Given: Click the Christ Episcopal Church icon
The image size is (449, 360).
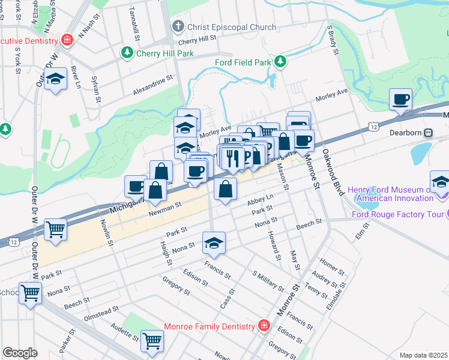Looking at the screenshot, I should (177, 27).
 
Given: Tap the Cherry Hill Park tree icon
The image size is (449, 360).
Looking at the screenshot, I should (127, 53).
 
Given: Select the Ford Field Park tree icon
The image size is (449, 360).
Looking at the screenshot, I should (280, 62).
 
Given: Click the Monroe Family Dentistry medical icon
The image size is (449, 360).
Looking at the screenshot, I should (264, 326).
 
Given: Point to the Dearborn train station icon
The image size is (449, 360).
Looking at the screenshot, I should (429, 132).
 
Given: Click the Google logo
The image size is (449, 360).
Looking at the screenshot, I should (20, 353).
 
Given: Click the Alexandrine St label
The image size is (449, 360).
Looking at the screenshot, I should (152, 85).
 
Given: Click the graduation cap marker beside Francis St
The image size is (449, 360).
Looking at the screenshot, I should (214, 242).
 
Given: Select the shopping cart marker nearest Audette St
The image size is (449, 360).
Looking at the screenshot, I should (152, 341).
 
